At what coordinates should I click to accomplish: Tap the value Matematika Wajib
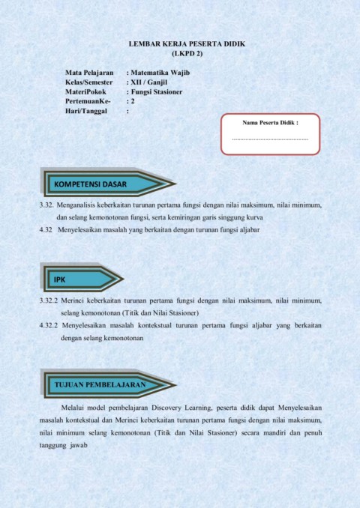159,73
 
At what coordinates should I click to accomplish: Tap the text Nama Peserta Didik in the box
271,121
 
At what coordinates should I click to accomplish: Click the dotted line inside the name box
271,139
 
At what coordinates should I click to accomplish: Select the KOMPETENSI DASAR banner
91,184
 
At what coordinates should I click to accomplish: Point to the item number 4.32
46,229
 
